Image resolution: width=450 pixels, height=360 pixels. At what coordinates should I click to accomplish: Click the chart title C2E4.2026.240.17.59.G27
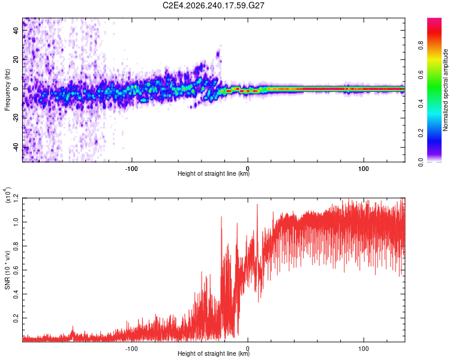coord(213,5)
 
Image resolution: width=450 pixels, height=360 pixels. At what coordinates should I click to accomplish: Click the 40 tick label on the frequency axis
coord(16,30)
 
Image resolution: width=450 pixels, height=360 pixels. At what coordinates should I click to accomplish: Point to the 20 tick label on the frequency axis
coord(16,59)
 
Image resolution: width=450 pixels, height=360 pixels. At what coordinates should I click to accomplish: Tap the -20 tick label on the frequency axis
coord(16,117)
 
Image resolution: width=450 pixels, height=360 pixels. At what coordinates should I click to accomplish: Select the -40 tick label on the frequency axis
coord(16,146)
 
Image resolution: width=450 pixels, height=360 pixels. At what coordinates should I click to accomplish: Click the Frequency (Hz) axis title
coord(7,90)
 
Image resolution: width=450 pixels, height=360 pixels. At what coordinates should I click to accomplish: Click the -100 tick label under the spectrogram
coord(131,169)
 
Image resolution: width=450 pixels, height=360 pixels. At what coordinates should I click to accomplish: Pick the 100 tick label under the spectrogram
coord(364,169)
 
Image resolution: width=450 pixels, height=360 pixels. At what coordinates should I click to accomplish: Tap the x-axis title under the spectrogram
coord(214,173)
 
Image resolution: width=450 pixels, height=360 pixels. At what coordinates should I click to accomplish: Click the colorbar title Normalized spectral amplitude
coord(445,90)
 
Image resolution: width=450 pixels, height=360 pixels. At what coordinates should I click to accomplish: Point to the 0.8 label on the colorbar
coord(421,46)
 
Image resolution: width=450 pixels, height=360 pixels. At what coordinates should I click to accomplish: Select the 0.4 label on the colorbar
coord(421,104)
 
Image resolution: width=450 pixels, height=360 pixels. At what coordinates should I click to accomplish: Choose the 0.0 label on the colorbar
coord(421,162)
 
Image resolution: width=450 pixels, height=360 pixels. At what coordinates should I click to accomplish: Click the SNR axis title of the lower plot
coord(7,270)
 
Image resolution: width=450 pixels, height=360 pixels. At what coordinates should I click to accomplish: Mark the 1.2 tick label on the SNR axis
coord(16,198)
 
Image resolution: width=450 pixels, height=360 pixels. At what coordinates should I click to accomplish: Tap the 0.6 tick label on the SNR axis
coord(16,270)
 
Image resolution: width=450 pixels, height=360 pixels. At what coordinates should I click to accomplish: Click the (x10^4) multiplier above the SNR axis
coord(7,195)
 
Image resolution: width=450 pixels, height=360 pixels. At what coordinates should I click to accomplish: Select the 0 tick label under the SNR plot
coord(248,349)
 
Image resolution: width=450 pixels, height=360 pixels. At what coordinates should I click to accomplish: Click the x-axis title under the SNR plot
coord(214,353)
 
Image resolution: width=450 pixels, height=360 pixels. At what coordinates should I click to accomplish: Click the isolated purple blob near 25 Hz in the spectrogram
coord(218,53)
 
